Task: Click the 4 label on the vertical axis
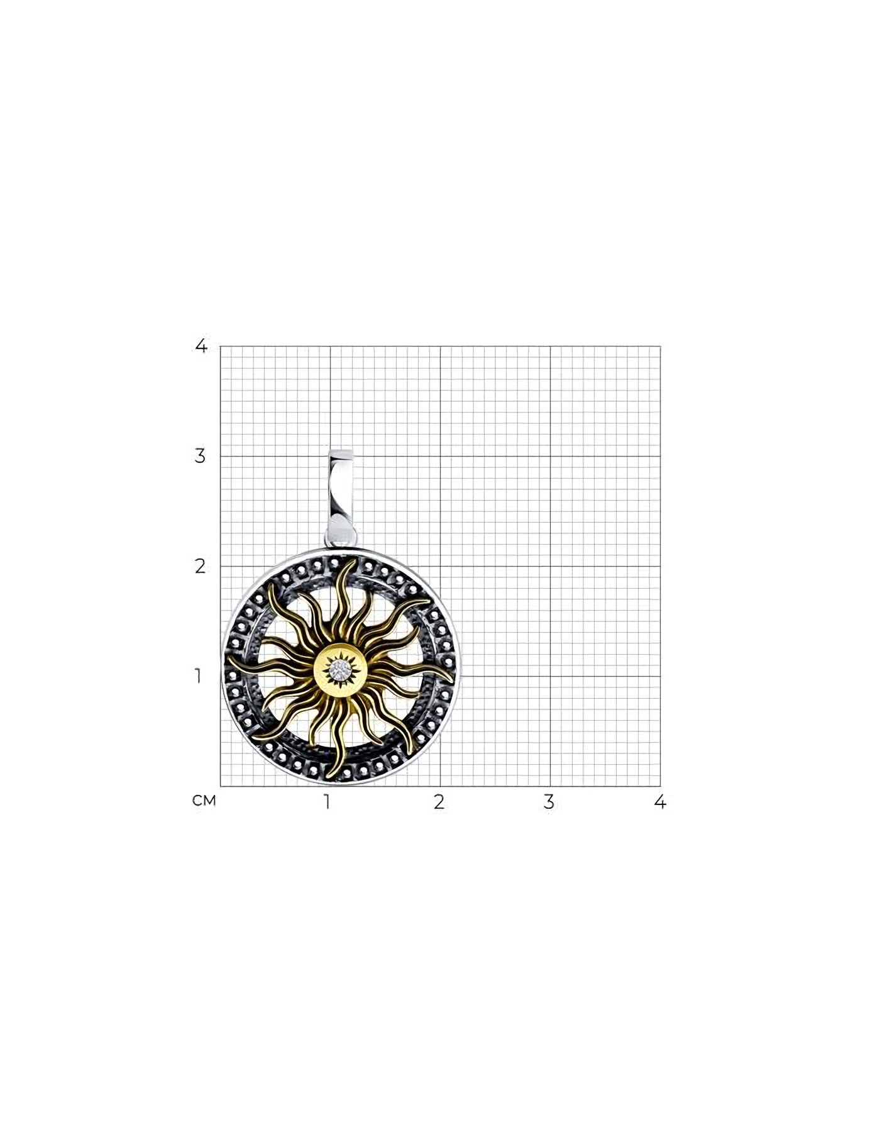pyautogui.click(x=201, y=345)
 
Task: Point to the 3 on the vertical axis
pyautogui.click(x=201, y=456)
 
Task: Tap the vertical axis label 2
pyautogui.click(x=201, y=566)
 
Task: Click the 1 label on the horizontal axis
pyautogui.click(x=327, y=802)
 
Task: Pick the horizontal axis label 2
pyautogui.click(x=439, y=802)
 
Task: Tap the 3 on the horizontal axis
pyautogui.click(x=549, y=802)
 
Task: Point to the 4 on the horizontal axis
pyautogui.click(x=660, y=802)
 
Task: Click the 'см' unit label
pyautogui.click(x=204, y=801)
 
